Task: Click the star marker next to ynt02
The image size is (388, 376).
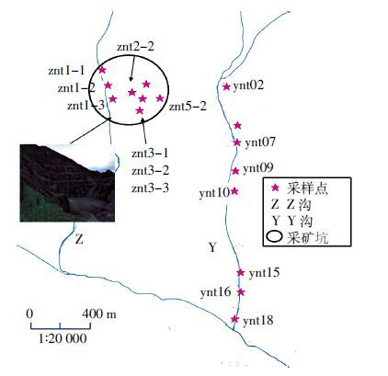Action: tap(226, 86)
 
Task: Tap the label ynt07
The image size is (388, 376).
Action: tap(260, 142)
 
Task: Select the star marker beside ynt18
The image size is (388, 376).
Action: tap(234, 319)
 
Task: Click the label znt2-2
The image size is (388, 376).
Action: tap(135, 47)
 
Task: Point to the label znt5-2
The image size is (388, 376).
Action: tap(188, 107)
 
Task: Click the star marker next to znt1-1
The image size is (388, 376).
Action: tap(102, 70)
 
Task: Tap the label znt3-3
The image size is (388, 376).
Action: tap(150, 188)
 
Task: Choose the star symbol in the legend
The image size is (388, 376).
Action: tap(276, 188)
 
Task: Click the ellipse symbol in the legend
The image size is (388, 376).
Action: tap(274, 237)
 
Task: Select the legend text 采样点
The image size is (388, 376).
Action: tap(307, 188)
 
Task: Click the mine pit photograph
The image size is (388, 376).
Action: tap(67, 183)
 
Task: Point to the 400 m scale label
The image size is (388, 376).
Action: tap(99, 313)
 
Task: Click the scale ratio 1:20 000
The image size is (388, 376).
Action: tap(63, 338)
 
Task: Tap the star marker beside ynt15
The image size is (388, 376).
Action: tap(241, 272)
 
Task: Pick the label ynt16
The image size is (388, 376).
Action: tap(216, 292)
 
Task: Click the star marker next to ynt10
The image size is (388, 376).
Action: tap(234, 191)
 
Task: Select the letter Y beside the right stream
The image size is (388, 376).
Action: tap(212, 247)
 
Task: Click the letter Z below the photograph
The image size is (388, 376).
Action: tap(79, 239)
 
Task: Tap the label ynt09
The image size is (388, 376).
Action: tap(258, 168)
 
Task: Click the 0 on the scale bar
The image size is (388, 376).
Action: tap(29, 313)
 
